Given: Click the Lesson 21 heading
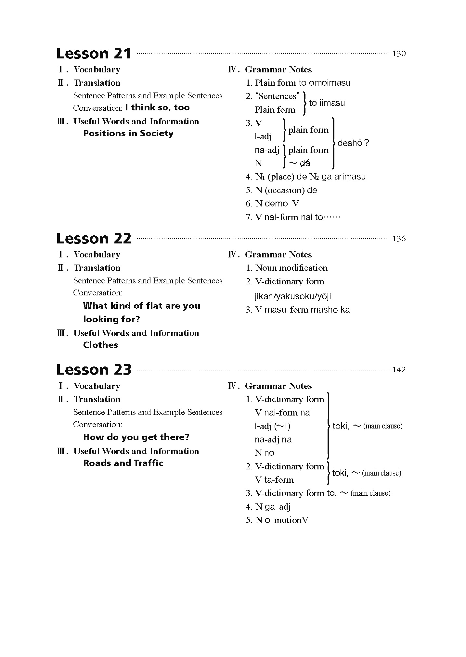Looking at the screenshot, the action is (94, 54).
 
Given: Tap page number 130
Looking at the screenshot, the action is (399, 54).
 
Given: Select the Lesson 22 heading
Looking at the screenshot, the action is (94, 239).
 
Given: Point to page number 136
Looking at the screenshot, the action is (399, 239).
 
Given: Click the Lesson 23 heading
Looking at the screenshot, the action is (94, 370).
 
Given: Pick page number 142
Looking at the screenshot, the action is (399, 370).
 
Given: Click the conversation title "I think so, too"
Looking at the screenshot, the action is (157, 107).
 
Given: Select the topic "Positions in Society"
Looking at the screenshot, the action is (128, 133).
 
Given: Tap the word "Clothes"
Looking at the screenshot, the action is (101, 345).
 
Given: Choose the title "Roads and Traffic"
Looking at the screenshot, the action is (123, 463).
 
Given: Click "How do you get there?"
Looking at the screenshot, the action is (136, 437).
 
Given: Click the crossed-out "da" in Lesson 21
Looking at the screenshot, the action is (305, 163).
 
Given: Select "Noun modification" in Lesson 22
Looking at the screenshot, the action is (291, 268).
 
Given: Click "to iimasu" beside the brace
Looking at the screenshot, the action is (327, 103).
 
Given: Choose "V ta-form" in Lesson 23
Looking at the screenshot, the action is (274, 480).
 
